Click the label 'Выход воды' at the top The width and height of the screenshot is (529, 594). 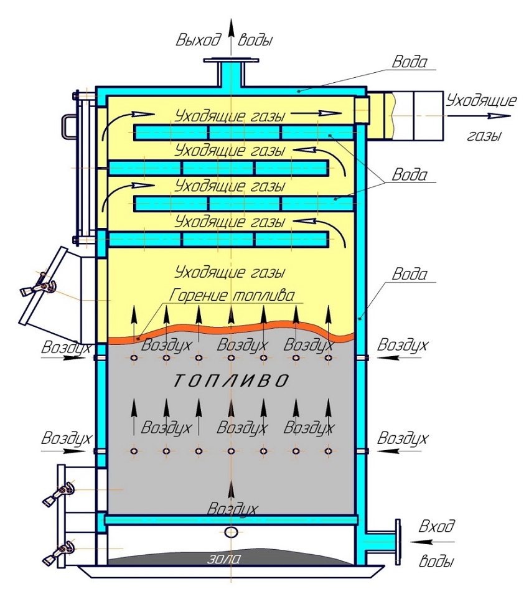(225, 40)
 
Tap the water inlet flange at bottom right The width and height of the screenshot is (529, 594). (396, 536)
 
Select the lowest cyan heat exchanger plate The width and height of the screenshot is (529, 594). (218, 239)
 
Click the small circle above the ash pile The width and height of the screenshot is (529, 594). (231, 532)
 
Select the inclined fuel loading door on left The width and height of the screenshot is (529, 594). (50, 286)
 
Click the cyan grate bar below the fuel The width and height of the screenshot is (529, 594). (231, 519)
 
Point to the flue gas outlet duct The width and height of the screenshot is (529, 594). (405, 115)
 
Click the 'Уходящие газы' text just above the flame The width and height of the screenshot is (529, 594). (230, 272)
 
